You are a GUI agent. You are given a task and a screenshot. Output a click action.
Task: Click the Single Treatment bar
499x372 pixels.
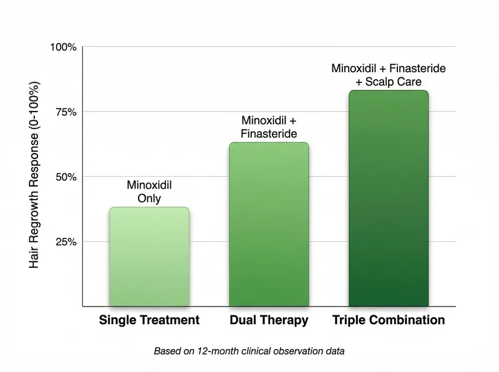pos(149,256)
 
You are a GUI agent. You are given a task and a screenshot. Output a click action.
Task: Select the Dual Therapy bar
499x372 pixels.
pos(269,224)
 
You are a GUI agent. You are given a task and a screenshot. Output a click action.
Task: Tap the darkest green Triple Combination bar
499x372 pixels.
pos(389,198)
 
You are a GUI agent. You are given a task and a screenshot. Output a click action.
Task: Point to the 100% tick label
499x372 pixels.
pos(64,47)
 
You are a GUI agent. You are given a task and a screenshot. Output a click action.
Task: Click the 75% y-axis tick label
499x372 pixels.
pos(65,112)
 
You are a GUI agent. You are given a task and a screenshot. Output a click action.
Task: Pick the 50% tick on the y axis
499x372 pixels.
pos(65,177)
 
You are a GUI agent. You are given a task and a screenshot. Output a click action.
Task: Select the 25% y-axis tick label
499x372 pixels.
pos(65,242)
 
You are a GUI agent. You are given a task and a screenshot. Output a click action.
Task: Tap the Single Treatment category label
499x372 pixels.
pos(149,320)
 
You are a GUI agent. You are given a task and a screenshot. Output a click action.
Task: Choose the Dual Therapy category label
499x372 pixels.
pos(269,320)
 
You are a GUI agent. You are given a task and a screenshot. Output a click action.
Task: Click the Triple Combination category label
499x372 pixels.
pos(389,320)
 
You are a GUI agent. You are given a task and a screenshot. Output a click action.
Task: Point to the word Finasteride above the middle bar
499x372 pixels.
pos(269,133)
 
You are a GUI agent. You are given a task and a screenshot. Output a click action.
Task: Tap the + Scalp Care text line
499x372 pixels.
pos(389,82)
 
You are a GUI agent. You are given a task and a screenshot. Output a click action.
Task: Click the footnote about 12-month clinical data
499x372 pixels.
pos(249,351)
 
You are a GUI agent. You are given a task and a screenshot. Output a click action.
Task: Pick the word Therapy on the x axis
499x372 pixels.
pos(286,320)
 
